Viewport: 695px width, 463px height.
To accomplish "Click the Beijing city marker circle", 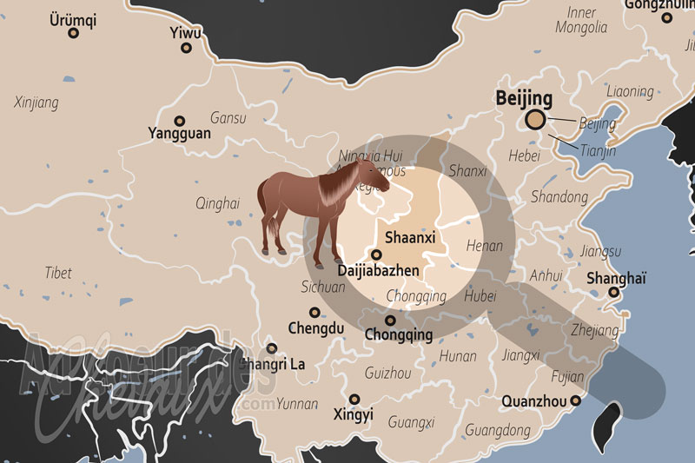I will [x=536, y=121].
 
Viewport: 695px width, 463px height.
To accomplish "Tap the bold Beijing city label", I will [x=524, y=97].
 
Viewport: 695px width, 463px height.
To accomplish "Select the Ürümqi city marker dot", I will [x=73, y=33].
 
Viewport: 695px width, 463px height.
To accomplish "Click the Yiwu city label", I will [x=185, y=33].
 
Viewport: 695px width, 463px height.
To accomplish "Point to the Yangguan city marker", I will [x=180, y=121].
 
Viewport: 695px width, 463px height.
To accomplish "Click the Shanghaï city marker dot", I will [x=613, y=293].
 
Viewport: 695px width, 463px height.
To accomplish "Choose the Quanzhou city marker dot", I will [x=575, y=400].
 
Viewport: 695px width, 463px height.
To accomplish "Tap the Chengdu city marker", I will [x=314, y=312].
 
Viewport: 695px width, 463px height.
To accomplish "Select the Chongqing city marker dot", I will [x=391, y=321].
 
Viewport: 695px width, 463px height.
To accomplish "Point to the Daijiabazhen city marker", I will [x=375, y=255].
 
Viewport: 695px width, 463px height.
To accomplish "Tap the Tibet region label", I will [x=58, y=273].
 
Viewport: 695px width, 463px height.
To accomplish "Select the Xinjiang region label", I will [x=36, y=103].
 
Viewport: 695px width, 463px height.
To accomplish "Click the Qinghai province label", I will [x=217, y=203].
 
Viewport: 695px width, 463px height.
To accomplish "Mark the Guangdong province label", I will [x=498, y=430].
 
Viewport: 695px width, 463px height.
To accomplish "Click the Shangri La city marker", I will [x=272, y=348].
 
